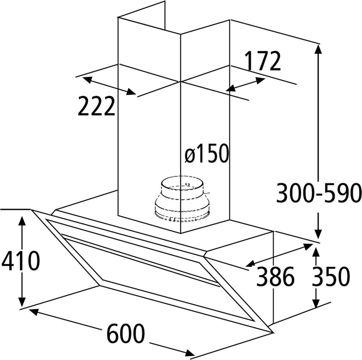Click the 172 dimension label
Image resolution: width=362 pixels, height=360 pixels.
263,61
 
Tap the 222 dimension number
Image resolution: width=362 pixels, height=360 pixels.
96,106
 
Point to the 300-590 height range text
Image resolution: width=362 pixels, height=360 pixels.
318,193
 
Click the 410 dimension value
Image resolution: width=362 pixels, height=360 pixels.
21,262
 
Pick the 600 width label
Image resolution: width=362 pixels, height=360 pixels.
125,333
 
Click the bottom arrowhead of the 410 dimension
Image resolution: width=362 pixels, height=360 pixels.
22,302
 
